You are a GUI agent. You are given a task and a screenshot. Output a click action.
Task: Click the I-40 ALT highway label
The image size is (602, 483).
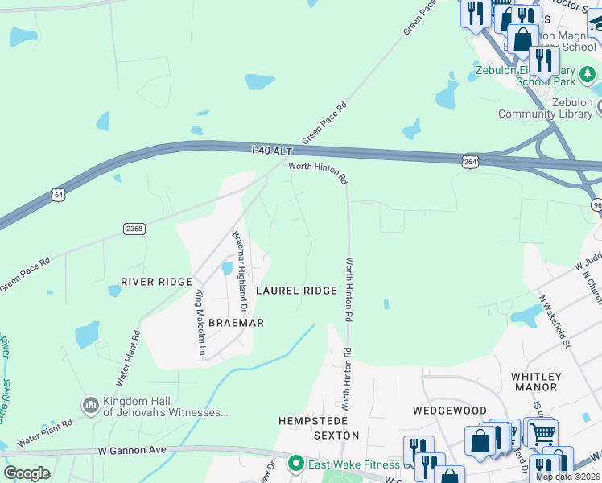click(272, 151)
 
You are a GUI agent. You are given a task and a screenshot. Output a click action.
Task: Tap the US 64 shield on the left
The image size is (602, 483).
click(56, 194)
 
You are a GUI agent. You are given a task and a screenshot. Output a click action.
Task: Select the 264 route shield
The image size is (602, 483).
click(470, 162)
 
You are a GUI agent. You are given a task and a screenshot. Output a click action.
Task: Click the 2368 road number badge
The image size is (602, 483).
click(134, 229)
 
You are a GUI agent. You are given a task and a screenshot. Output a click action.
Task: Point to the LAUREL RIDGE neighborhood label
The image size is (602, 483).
click(296, 291)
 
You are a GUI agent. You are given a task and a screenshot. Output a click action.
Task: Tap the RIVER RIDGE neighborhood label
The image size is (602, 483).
click(156, 282)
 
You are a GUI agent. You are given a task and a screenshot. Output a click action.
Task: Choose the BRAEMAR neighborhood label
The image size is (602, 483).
click(236, 322)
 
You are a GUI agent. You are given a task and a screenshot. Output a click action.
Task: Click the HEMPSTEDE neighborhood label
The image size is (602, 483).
click(312, 421)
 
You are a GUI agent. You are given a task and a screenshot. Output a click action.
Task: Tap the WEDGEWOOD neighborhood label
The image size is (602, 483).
click(450, 411)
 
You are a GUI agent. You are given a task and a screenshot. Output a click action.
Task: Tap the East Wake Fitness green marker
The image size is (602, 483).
click(296, 464)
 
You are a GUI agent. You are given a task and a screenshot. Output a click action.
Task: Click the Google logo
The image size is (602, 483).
click(27, 473)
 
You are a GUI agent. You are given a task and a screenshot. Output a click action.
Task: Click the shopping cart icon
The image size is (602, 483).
click(542, 433)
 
